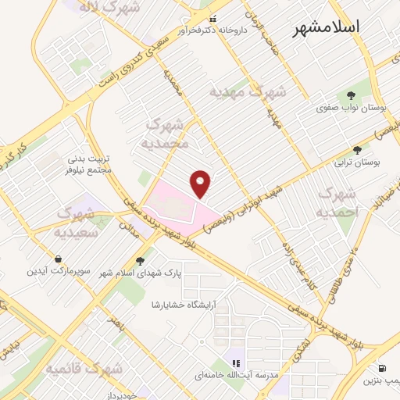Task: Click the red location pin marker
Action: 202,183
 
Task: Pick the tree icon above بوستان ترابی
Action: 358,148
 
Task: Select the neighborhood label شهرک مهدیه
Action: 248,91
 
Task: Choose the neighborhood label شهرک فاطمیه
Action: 84,367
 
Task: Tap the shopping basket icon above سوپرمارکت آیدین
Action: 58,259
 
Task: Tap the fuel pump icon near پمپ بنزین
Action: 380,368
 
